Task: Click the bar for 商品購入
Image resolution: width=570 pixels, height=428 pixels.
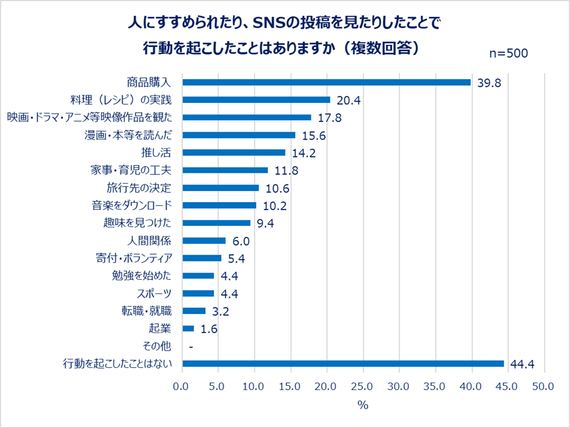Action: click(x=327, y=82)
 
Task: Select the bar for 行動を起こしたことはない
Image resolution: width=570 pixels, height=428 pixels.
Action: click(x=343, y=364)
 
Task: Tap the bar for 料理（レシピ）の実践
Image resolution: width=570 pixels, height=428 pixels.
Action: click(x=256, y=100)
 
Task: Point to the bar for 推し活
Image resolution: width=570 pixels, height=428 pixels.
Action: click(x=234, y=152)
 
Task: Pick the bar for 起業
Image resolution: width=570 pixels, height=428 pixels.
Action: click(x=188, y=329)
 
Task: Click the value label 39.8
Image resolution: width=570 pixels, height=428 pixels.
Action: click(x=490, y=83)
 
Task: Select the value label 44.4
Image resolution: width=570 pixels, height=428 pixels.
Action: click(x=523, y=364)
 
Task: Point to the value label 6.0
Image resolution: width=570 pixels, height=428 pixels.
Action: click(x=241, y=241)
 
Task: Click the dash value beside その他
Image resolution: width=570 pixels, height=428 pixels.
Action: click(x=192, y=347)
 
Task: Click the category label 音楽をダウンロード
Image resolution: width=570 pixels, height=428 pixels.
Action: click(x=130, y=205)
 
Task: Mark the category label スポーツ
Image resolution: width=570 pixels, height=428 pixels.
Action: click(x=154, y=293)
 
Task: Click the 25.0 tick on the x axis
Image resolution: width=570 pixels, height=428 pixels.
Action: click(x=363, y=386)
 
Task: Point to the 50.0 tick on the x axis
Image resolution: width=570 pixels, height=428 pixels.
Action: click(x=543, y=386)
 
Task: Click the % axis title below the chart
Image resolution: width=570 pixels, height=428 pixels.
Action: click(x=363, y=405)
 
